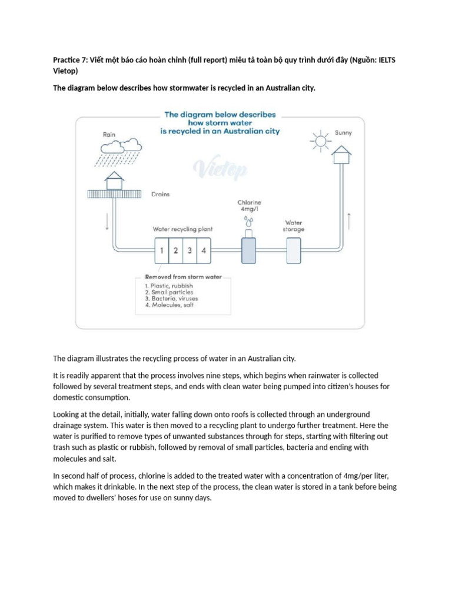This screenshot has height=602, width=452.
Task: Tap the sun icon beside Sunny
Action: click(320, 139)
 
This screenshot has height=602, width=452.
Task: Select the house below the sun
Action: click(341, 155)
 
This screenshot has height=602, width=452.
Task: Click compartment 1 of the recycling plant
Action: click(162, 250)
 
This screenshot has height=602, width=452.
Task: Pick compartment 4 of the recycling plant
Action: click(204, 250)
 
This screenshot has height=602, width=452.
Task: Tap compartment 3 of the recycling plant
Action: click(190, 250)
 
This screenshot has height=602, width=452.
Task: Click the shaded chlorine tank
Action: click(249, 250)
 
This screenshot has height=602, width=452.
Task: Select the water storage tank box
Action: click(294, 250)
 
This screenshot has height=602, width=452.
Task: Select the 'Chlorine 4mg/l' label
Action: click(250, 205)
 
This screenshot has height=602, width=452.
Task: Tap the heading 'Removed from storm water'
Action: click(184, 276)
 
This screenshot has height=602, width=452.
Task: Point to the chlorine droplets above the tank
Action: click(249, 221)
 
